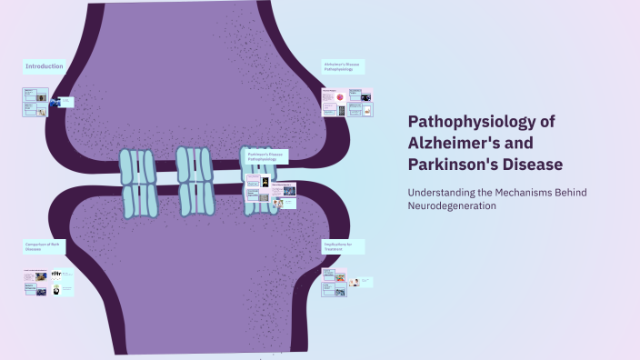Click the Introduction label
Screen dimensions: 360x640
(x=43, y=66)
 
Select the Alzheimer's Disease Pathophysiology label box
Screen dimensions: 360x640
(x=342, y=66)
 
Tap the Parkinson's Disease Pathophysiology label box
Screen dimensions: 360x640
(x=266, y=156)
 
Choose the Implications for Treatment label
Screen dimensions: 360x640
(x=342, y=246)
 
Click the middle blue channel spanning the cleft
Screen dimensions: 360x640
(x=195, y=181)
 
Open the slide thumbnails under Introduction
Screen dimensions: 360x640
(x=41, y=101)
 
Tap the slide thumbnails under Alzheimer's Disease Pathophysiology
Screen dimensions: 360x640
(x=347, y=102)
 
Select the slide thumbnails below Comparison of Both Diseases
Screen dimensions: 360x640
(x=47, y=282)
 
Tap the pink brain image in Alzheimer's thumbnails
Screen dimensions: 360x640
(x=339, y=95)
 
